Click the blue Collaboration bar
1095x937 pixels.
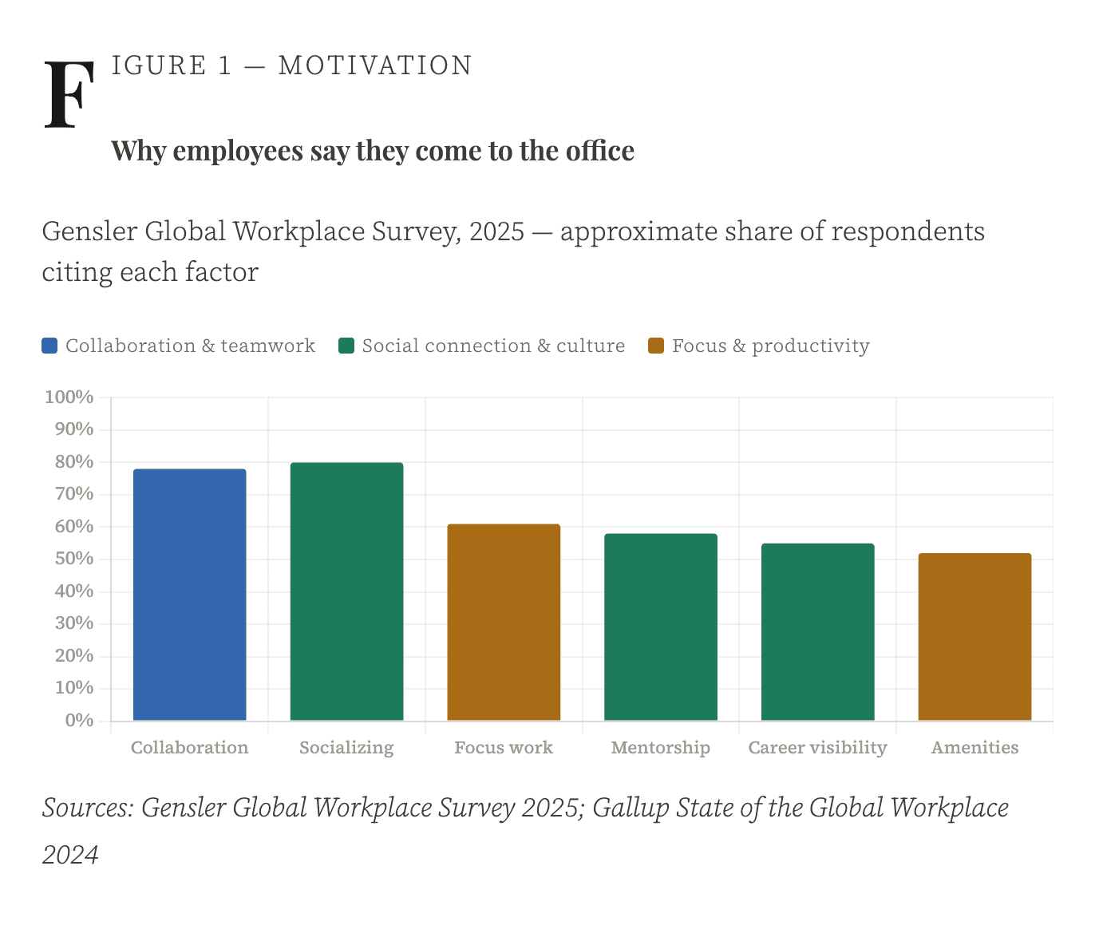(x=189, y=595)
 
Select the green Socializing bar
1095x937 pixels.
(x=346, y=591)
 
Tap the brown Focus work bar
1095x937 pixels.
(x=504, y=623)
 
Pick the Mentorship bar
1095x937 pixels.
(x=660, y=627)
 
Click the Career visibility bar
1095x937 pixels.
(x=817, y=632)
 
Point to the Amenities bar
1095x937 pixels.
(x=974, y=637)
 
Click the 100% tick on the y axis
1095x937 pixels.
(x=69, y=397)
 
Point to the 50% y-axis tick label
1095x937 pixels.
(x=73, y=559)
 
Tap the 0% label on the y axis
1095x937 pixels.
(x=79, y=720)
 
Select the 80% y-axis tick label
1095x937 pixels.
(x=73, y=462)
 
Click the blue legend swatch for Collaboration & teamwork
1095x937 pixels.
(x=49, y=346)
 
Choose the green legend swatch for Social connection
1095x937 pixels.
(x=346, y=346)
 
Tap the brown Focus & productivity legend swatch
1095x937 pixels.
(x=656, y=346)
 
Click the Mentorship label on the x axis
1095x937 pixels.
(x=660, y=748)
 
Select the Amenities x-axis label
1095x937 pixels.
(x=974, y=748)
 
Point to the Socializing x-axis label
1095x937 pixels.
(x=346, y=748)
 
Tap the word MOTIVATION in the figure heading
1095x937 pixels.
(x=375, y=65)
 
